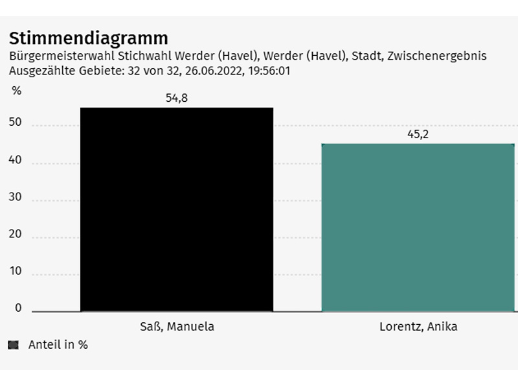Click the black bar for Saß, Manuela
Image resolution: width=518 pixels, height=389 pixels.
tap(176, 209)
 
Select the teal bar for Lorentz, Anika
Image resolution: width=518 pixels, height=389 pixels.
tap(418, 227)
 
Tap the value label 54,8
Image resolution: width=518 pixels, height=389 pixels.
tap(176, 99)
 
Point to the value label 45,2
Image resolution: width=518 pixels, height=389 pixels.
tap(418, 135)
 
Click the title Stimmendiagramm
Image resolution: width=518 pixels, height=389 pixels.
tap(88, 38)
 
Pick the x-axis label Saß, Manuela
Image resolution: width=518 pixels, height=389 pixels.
tap(177, 326)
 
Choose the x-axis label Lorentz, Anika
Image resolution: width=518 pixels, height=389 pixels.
tap(418, 326)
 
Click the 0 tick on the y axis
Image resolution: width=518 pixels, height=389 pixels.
tap(18, 308)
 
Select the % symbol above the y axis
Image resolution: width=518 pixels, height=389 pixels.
tap(16, 91)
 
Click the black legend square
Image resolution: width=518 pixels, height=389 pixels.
tap(13, 345)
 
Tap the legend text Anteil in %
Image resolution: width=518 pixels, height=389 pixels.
tap(58, 345)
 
